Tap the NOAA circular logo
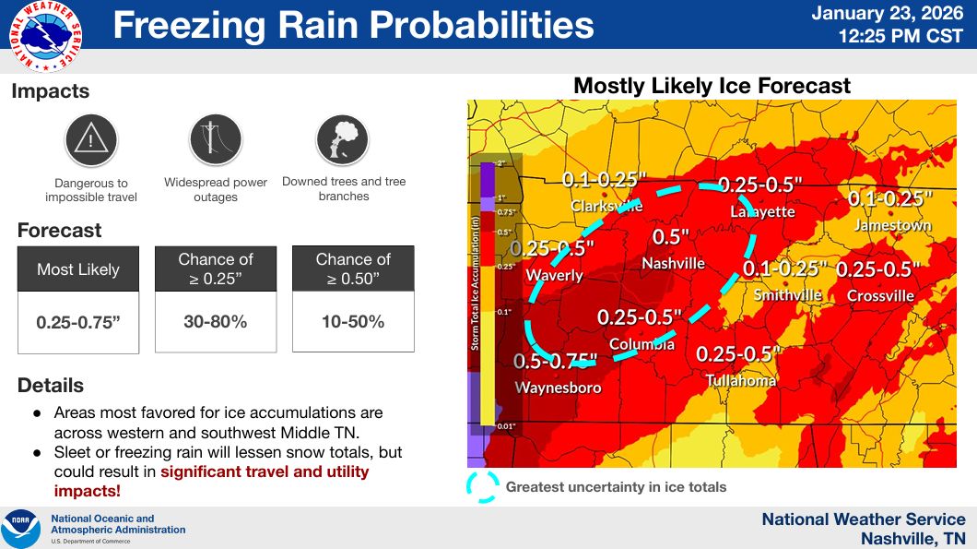click(20, 529)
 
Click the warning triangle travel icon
click(90, 140)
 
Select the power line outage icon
click(216, 140)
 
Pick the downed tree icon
click(342, 140)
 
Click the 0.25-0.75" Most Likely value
click(78, 323)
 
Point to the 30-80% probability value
click(215, 322)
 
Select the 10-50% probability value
click(353, 322)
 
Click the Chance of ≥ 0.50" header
click(353, 269)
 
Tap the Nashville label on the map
click(673, 264)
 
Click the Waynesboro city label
click(558, 388)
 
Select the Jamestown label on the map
click(892, 225)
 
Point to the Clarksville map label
click(606, 206)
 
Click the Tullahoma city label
click(741, 380)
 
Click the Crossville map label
click(880, 296)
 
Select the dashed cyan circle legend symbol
click(481, 487)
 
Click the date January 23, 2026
click(888, 15)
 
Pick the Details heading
click(51, 386)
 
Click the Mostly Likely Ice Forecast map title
click(712, 87)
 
